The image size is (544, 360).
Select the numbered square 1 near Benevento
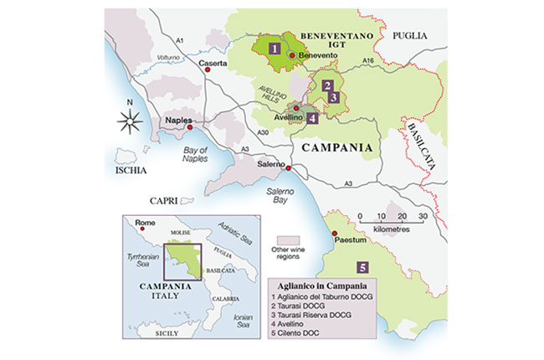(x=274, y=49)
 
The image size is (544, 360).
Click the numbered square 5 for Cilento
(x=362, y=268)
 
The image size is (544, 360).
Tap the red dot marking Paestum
(x=333, y=234)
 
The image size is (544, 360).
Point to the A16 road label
(x=371, y=61)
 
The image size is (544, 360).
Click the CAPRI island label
(x=167, y=201)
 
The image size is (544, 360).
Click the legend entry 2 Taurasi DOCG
(x=303, y=306)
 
